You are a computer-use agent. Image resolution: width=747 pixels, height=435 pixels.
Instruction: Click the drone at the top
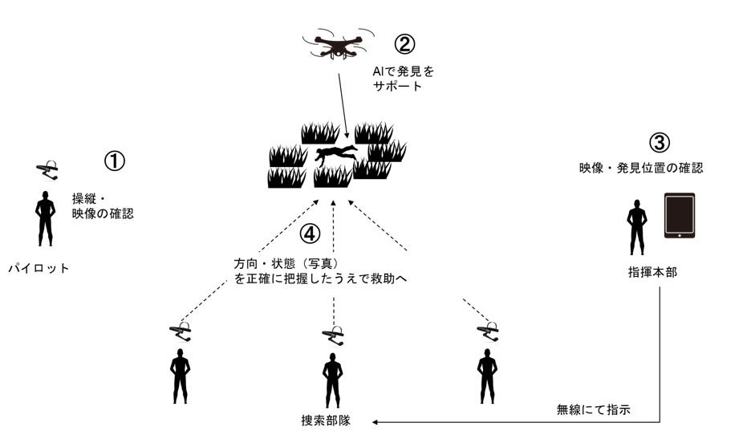click(x=338, y=47)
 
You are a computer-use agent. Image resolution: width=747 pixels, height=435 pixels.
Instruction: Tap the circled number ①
click(x=115, y=161)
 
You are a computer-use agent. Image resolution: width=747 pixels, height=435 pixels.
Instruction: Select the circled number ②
click(x=406, y=42)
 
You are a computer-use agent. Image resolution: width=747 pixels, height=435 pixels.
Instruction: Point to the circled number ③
click(x=658, y=143)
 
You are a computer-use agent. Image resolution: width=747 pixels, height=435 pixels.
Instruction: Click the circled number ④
click(x=310, y=234)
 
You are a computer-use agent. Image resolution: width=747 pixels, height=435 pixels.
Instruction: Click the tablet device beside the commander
click(x=679, y=215)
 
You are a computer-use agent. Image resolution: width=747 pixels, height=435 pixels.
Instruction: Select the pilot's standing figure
click(x=45, y=218)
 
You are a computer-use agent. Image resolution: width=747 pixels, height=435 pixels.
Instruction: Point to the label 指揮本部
click(x=652, y=272)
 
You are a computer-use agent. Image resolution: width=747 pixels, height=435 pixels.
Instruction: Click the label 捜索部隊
click(x=325, y=420)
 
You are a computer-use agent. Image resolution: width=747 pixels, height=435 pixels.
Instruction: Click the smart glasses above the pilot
click(x=47, y=169)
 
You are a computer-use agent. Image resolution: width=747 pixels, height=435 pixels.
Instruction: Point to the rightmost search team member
click(x=485, y=376)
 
